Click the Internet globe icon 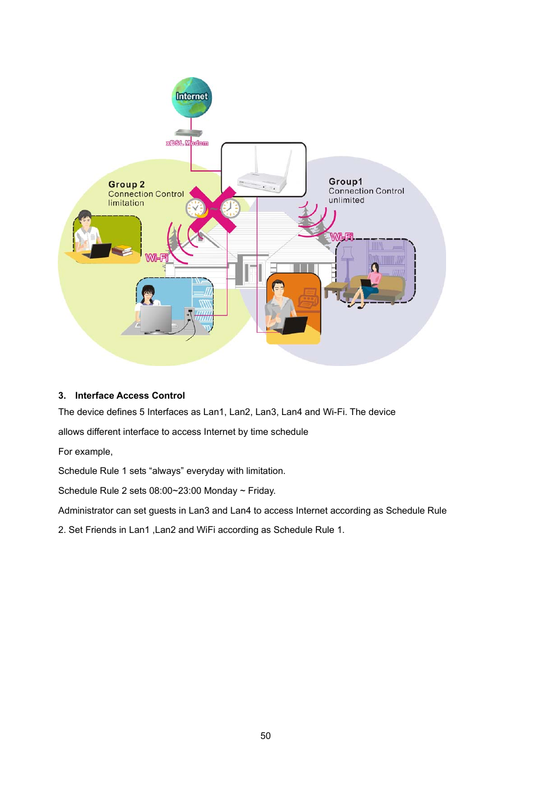[x=192, y=97]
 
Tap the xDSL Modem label [x=187, y=143]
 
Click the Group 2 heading [x=126, y=184]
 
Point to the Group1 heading [x=345, y=182]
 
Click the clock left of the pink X [x=195, y=208]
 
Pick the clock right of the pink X [x=230, y=207]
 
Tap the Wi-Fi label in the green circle [x=156, y=257]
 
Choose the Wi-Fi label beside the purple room [x=342, y=237]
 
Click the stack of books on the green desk [x=122, y=250]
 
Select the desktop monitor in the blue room [x=155, y=319]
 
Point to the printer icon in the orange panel [x=308, y=301]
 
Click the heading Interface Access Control [x=130, y=395]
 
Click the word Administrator [x=86, y=511]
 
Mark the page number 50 [x=266, y=735]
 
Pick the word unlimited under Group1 [x=346, y=200]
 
